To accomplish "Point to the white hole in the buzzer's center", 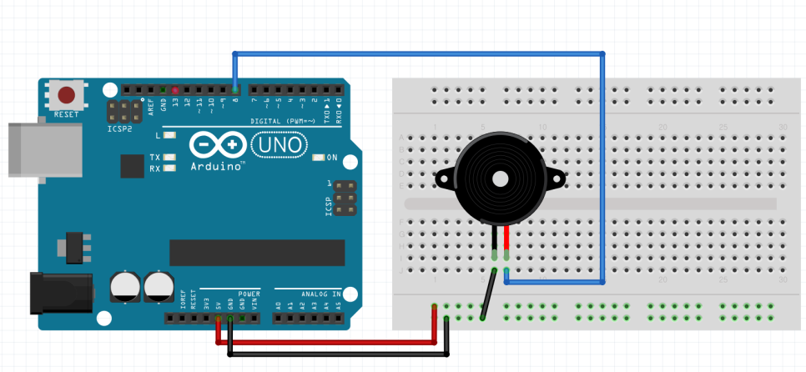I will [x=500, y=178].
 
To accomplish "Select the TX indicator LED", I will [x=170, y=157].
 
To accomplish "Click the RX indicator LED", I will [x=170, y=168].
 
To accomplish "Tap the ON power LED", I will [x=317, y=157].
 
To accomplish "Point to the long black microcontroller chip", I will [x=257, y=252].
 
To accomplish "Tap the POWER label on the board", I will [x=249, y=294].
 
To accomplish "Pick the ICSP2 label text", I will [x=120, y=129].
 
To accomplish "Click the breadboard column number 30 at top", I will [x=782, y=127].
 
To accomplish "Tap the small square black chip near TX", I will [x=133, y=164].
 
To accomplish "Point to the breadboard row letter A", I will [x=402, y=138].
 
